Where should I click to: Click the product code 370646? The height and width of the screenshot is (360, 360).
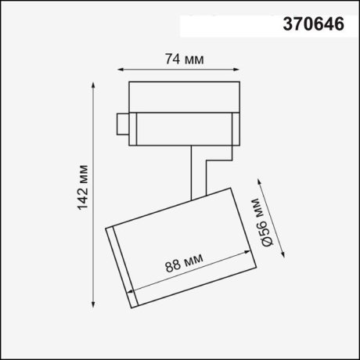(x=311, y=25)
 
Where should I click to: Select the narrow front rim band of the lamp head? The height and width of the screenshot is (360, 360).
(x=122, y=266)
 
